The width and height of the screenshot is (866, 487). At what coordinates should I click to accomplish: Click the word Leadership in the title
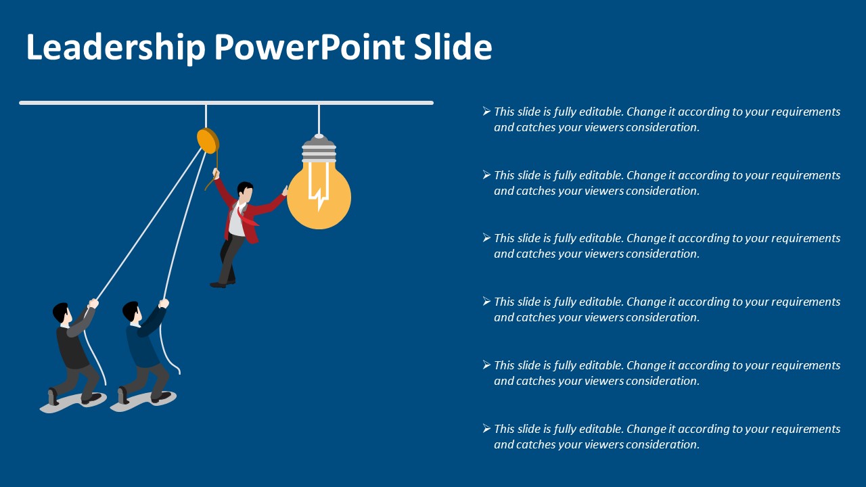tap(116, 47)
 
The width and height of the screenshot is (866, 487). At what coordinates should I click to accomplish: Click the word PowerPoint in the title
tap(310, 47)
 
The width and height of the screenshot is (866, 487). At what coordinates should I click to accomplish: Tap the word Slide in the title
tap(453, 47)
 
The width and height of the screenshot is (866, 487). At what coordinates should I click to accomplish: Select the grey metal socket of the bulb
tap(319, 148)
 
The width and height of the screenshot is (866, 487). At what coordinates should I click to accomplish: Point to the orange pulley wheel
tap(208, 141)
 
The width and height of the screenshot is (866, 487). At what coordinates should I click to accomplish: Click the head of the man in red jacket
tap(245, 191)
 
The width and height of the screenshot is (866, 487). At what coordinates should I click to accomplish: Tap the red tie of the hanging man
tap(248, 217)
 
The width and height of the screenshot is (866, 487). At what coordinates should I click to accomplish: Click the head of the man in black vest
tap(62, 314)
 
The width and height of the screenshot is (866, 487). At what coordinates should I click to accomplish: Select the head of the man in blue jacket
tap(132, 312)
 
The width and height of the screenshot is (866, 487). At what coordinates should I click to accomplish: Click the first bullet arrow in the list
tap(486, 112)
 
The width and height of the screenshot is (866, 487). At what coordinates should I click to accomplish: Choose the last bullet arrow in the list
tap(486, 428)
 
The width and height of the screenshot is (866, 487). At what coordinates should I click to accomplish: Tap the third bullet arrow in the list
tap(486, 237)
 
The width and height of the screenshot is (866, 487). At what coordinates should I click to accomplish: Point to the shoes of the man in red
tap(223, 284)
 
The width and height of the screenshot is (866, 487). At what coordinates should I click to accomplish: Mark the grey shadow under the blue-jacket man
tap(143, 401)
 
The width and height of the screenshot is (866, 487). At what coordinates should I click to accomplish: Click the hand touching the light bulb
tap(286, 191)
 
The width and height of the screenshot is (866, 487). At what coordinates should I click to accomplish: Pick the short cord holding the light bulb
tap(319, 119)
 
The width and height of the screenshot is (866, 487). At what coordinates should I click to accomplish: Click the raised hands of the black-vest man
tap(93, 304)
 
